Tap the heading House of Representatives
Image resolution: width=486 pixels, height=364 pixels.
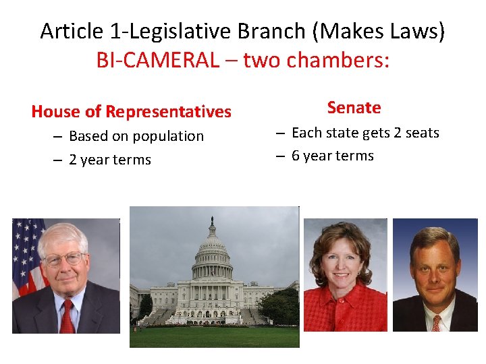coord(131,111)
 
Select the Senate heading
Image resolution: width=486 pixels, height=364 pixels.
coord(354,107)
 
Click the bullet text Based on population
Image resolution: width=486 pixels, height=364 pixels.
coord(136,136)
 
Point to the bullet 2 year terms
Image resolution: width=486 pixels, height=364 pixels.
coord(109,160)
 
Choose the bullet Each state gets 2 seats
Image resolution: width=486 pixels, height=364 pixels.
coord(364,133)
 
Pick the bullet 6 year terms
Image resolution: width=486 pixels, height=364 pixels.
coord(332,156)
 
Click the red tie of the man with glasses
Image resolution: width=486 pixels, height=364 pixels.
coord(66,317)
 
